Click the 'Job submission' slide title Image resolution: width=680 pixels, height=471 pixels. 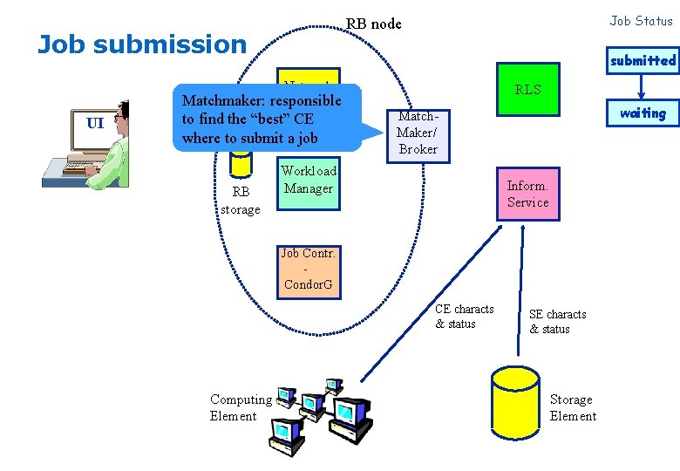tap(142, 44)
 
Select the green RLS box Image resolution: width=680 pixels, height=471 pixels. tap(527, 89)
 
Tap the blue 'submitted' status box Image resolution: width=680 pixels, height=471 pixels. tap(643, 60)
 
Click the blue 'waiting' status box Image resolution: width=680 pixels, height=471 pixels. tap(643, 113)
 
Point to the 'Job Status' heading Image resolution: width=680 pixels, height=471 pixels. tap(641, 21)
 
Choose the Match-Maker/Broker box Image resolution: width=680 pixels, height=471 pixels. tap(418, 133)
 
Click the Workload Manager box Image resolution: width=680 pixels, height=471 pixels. tap(309, 181)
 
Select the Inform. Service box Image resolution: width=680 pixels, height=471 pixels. tap(527, 195)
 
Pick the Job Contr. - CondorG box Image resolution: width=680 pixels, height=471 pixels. tap(309, 270)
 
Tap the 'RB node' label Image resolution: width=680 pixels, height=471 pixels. tap(374, 24)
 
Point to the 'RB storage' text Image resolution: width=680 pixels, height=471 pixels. tap(240, 201)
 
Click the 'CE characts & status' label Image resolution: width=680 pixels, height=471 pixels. tap(464, 317)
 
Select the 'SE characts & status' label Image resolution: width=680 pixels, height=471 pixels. tap(557, 322)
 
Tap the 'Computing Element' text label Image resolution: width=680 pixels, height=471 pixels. tap(241, 407)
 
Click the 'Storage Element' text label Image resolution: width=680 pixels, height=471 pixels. tap(573, 407)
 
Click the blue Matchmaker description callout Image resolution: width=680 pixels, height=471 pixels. tap(262, 118)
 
